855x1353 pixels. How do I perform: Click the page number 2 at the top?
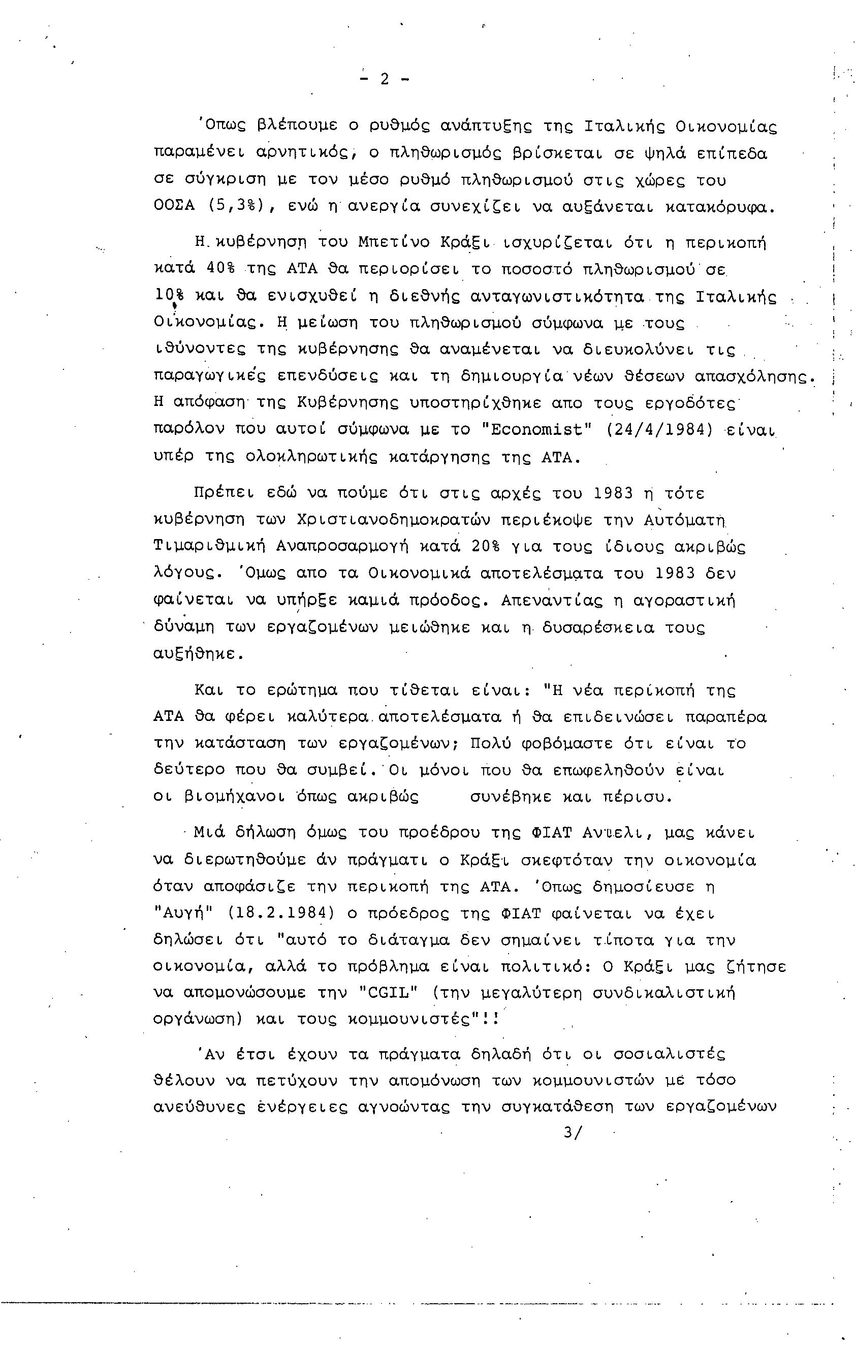384,79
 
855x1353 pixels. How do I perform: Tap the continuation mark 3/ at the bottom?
573,1132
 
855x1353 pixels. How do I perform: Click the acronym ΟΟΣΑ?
174,206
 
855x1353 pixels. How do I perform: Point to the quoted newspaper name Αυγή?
185,913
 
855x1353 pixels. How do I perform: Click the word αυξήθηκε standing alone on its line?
199,654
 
